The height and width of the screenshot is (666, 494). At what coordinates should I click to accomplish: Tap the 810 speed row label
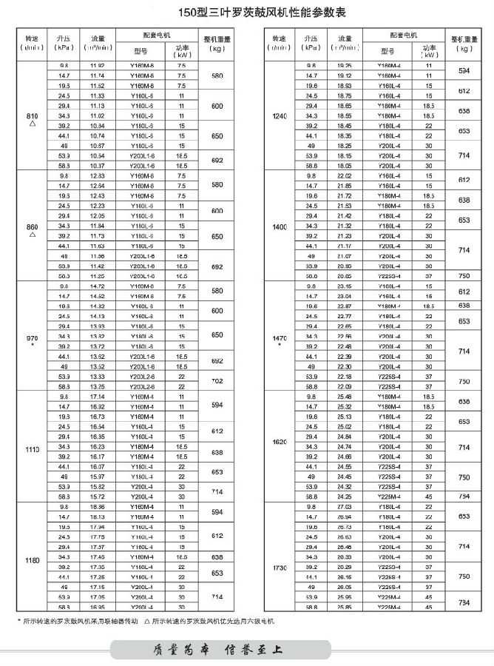pyautogui.click(x=31, y=116)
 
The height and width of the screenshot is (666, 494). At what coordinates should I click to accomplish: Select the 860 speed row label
pyautogui.click(x=31, y=226)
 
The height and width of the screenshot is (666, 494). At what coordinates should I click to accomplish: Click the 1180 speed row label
pyautogui.click(x=31, y=560)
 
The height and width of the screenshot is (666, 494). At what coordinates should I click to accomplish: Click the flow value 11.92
pyautogui.click(x=97, y=66)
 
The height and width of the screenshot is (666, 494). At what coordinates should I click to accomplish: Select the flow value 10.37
pyautogui.click(x=97, y=166)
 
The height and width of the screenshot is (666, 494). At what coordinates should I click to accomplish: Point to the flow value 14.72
pyautogui.click(x=97, y=286)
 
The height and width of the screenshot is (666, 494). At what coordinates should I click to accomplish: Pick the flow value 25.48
pyautogui.click(x=344, y=396)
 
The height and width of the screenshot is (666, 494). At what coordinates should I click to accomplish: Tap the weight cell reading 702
pyautogui.click(x=217, y=381)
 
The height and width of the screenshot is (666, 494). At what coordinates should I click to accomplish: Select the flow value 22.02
pyautogui.click(x=344, y=175)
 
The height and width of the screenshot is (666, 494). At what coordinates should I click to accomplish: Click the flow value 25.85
pyautogui.click(x=344, y=607)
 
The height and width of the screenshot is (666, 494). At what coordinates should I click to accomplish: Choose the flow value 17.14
pyautogui.click(x=97, y=397)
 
